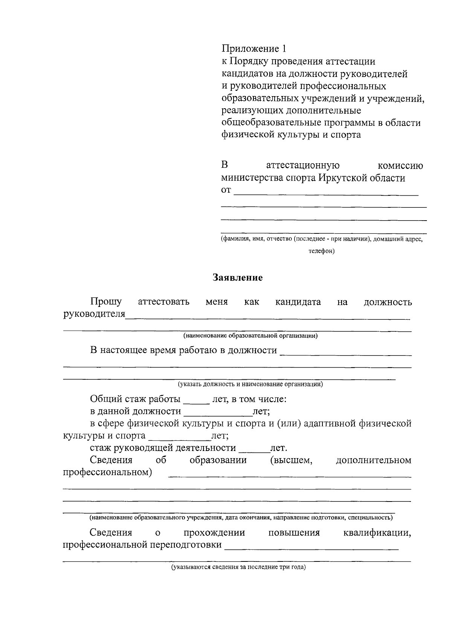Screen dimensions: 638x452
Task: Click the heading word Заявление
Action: tap(237, 278)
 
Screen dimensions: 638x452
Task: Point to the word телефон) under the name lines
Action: tap(321, 251)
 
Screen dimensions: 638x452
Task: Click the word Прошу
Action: tap(106, 302)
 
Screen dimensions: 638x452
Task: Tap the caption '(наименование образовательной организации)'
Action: tap(250, 336)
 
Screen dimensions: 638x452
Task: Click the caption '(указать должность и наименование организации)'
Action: tap(250, 385)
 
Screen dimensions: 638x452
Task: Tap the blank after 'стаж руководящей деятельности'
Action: tap(254, 451)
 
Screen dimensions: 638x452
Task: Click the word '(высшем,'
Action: tap(291, 460)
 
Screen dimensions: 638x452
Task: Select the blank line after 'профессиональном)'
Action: tap(289, 476)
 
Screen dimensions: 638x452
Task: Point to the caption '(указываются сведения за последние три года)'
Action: tap(238, 567)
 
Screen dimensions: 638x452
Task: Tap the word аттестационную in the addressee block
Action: tap(303, 166)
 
